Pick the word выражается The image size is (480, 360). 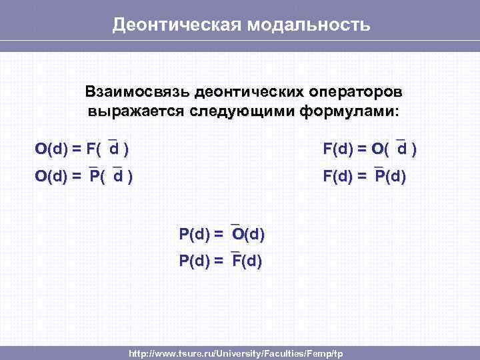[x=127, y=110]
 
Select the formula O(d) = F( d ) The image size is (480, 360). [x=82, y=148]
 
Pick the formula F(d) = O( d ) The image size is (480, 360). [x=370, y=148]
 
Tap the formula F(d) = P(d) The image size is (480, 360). [x=365, y=177]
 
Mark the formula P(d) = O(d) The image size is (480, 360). [x=221, y=234]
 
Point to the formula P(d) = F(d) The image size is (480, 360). [x=221, y=261]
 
